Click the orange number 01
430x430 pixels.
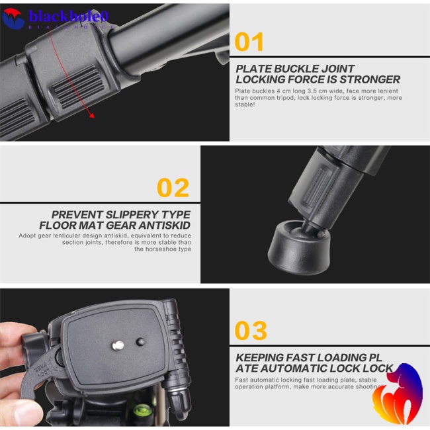coord(249,42)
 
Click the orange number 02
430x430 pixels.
coord(173,188)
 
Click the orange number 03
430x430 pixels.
coord(251,330)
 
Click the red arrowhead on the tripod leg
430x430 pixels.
coord(91,116)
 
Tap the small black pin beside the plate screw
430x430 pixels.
coord(140,342)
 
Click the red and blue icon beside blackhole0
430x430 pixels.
coord(13,17)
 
